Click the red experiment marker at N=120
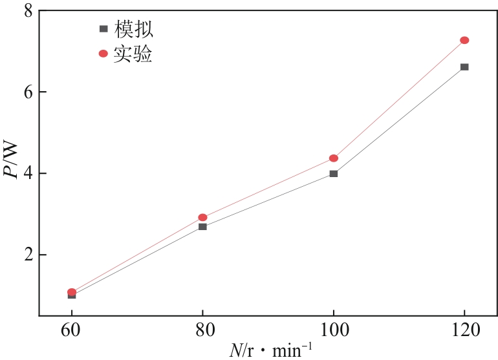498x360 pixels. (464, 40)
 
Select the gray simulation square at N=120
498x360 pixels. (464, 67)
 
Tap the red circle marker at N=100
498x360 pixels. (334, 158)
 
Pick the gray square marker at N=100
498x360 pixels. (334, 173)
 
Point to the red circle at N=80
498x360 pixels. (202, 218)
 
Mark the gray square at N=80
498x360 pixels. (202, 227)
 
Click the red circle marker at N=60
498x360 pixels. (72, 292)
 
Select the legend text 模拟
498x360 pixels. (134, 29)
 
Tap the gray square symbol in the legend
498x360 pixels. (103, 29)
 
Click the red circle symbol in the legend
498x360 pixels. (103, 54)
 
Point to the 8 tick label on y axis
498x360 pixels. (27, 10)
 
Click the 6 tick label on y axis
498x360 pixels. (27, 92)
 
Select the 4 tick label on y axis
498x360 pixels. (27, 173)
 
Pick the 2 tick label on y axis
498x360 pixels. (27, 255)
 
